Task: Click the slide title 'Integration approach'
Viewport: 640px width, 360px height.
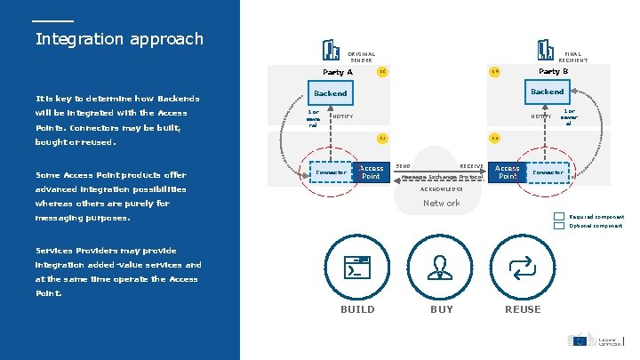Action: tap(119, 39)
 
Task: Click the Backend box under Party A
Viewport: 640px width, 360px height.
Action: tap(331, 92)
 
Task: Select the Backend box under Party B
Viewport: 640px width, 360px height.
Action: tap(547, 92)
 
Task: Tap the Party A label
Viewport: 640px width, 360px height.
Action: tap(337, 72)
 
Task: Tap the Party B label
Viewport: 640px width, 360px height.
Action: tap(553, 71)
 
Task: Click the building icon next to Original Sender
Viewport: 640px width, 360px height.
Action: tap(332, 50)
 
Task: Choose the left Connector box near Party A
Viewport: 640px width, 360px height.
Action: tap(332, 172)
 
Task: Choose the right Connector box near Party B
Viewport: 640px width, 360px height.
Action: tap(548, 172)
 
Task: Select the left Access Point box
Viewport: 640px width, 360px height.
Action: tap(372, 172)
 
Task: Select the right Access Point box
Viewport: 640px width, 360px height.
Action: tap(508, 172)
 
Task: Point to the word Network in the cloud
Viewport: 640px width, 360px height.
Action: tap(441, 204)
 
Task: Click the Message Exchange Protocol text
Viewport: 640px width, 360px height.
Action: tap(442, 177)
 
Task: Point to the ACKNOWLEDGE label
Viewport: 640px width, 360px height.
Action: tap(441, 189)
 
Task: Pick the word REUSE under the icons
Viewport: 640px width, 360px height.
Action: tap(522, 309)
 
